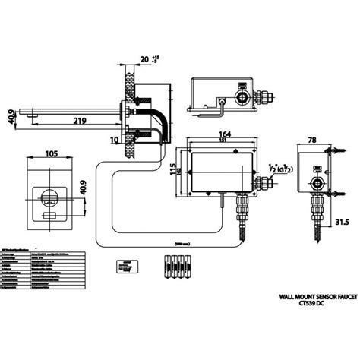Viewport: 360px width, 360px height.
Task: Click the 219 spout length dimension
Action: tap(73, 120)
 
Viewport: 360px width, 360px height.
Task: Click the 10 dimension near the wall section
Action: tap(114, 140)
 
